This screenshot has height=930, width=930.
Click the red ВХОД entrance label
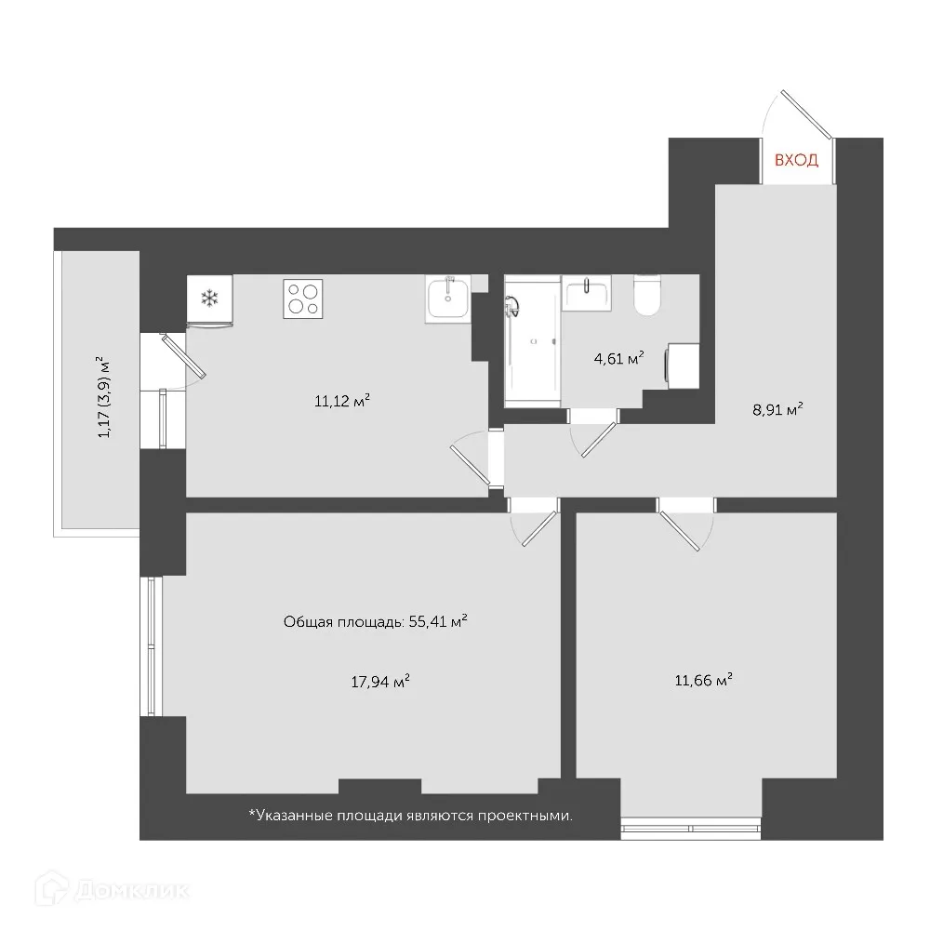797,160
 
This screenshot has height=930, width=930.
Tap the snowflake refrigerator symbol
210,299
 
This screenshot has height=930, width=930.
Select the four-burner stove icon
304,299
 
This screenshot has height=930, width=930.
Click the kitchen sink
448,299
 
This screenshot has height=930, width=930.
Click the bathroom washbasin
586,293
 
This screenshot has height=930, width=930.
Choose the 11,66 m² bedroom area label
704,680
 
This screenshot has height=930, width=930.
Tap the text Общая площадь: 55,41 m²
375,622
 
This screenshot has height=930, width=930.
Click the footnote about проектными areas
410,816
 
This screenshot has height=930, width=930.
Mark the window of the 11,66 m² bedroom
691,824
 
